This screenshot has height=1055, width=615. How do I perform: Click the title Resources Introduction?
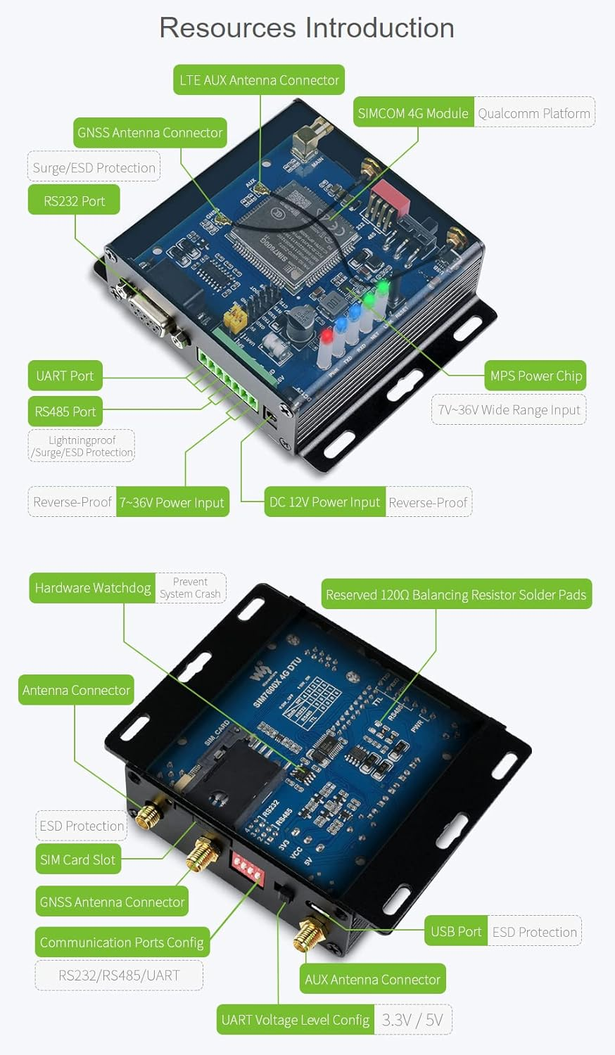307,28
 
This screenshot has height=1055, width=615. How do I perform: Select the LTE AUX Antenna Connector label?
259,80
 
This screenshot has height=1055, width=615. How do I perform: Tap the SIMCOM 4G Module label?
413,113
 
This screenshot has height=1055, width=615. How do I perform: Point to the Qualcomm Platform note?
534,113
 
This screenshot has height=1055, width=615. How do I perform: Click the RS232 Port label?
74,200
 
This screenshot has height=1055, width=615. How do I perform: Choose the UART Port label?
65,376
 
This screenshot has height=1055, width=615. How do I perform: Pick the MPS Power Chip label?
535,376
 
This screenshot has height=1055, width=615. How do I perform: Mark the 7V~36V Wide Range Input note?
509,410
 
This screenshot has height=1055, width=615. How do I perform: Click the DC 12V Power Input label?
324,502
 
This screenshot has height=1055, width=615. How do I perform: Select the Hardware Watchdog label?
93,588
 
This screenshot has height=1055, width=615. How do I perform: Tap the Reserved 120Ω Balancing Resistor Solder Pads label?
456,594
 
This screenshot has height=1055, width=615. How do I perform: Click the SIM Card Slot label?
77,859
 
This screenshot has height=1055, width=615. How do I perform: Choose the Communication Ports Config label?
122,942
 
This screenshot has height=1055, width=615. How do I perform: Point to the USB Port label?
456,931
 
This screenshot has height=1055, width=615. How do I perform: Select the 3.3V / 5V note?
412,1020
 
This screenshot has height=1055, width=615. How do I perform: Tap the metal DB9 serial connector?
148,309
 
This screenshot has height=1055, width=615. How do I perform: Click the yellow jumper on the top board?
234,321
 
